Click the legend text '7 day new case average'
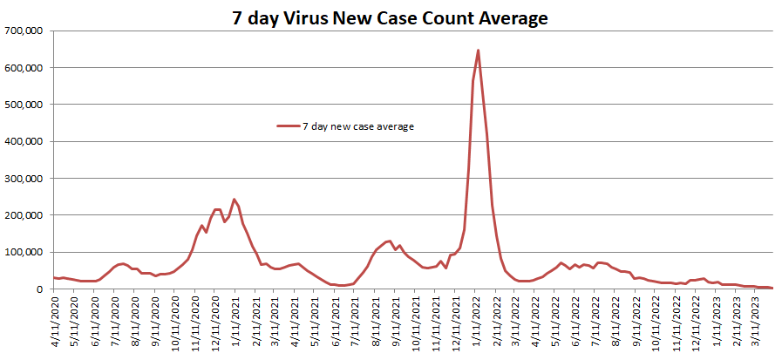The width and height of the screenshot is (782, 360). [x=357, y=126]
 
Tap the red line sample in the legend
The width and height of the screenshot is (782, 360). [x=289, y=126]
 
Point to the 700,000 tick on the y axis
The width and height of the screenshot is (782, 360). [x=26, y=31]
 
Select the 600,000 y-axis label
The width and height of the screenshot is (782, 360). [x=26, y=68]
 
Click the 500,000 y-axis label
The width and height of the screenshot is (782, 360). [x=26, y=105]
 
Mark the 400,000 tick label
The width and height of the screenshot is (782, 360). [x=26, y=141]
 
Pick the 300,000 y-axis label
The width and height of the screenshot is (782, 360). [x=26, y=179]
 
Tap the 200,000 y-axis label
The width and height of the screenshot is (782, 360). [x=26, y=215]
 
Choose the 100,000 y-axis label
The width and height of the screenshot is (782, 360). [x=26, y=253]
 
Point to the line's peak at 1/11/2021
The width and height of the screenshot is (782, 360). [x=234, y=199]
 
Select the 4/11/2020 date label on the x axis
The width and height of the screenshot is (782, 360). [x=55, y=322]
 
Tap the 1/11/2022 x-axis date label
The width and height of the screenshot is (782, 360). [x=476, y=322]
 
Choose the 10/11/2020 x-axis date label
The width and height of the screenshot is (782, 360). [x=175, y=322]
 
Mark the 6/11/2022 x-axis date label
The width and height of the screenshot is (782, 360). [x=576, y=322]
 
